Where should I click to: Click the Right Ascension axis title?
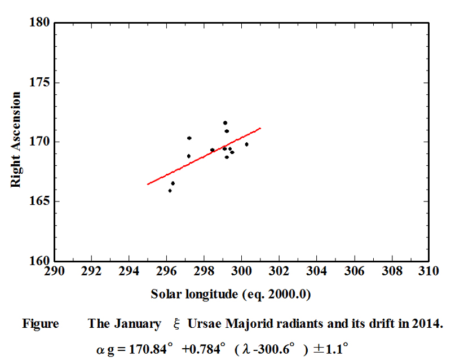17,140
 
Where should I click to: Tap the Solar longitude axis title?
231,294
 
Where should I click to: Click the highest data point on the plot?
225,122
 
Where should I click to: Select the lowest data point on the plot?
170,191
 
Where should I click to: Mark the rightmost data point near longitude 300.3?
246,144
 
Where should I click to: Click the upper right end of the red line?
260,128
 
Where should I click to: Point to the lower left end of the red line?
148,184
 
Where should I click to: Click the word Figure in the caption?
40,324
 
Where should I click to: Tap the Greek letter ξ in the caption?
175,325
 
